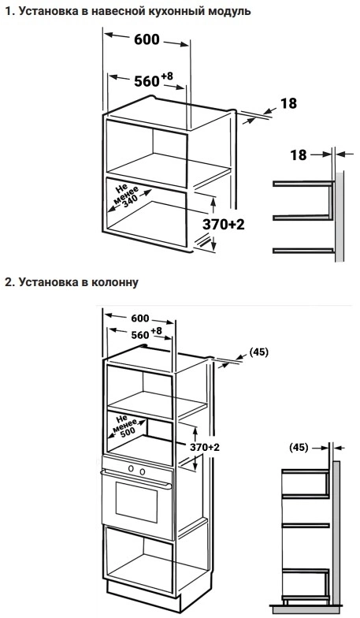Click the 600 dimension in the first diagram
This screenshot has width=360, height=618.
(x=147, y=39)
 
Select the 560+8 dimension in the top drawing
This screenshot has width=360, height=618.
(x=153, y=80)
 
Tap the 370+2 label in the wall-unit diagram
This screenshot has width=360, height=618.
(x=224, y=224)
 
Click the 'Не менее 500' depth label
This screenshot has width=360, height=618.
(x=125, y=426)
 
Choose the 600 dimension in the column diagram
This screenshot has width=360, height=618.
(x=140, y=318)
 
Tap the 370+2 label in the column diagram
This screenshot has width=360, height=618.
(x=205, y=447)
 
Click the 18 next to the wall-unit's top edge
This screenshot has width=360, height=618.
(x=288, y=103)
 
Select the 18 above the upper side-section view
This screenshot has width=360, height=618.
(x=298, y=154)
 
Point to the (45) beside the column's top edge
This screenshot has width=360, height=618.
(x=258, y=352)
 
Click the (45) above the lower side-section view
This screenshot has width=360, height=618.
(x=299, y=448)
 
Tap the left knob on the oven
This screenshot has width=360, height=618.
(x=131, y=468)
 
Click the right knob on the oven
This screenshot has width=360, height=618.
(x=142, y=471)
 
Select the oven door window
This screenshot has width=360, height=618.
(x=136, y=502)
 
